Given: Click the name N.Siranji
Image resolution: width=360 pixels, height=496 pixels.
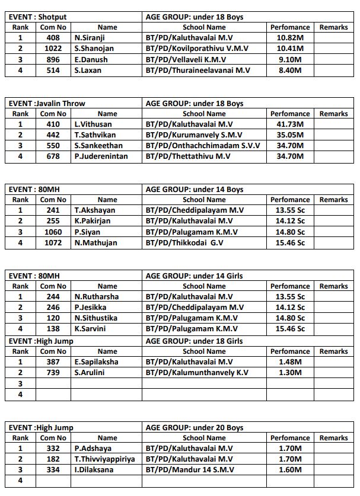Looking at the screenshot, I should click(x=91, y=38).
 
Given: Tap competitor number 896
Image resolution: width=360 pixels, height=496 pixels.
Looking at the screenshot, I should click(x=53, y=59).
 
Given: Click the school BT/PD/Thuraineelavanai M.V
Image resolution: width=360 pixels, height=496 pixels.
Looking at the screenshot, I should click(x=198, y=70).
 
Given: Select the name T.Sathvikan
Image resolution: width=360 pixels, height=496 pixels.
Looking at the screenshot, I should click(x=95, y=135).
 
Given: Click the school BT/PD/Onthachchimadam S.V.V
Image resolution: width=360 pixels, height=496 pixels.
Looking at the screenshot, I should click(x=202, y=146).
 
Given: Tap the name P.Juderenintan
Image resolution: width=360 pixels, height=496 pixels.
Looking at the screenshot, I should click(x=101, y=156).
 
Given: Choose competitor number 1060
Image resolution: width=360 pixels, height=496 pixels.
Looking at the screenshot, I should click(x=53, y=232).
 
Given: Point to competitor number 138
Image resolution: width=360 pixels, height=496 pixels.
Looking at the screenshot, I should click(x=53, y=328).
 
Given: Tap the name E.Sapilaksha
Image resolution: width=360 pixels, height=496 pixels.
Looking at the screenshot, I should click(x=96, y=361).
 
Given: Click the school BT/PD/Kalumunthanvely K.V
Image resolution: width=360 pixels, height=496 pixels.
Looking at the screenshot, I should click(x=197, y=372).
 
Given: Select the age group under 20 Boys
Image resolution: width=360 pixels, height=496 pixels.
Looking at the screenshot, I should click(x=194, y=427).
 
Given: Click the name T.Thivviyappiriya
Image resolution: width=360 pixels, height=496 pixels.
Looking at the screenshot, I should click(x=104, y=459).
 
